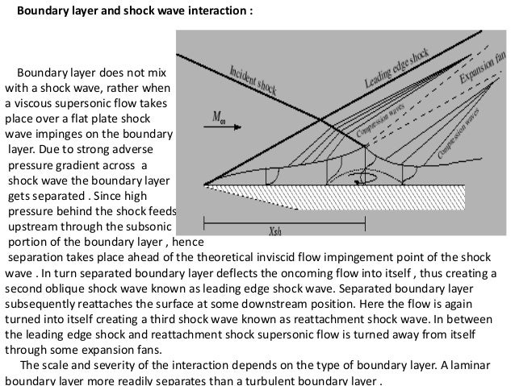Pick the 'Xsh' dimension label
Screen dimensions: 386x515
click(x=274, y=228)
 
